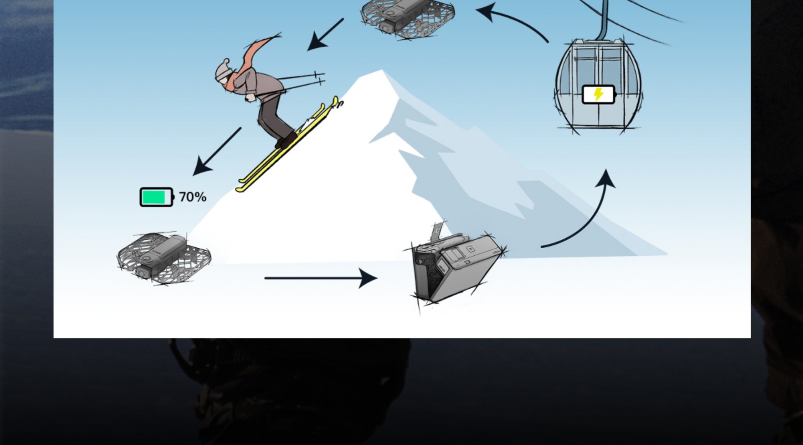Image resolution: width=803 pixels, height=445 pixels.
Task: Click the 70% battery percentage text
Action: pos(192,197)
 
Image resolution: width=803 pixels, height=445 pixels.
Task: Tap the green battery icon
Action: pos(156,197)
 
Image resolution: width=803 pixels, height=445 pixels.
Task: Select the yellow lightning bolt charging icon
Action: pos(598,94)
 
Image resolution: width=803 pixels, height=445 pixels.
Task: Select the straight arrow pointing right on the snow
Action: pos(320,278)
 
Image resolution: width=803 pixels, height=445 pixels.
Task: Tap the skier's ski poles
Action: pos(301,81)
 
